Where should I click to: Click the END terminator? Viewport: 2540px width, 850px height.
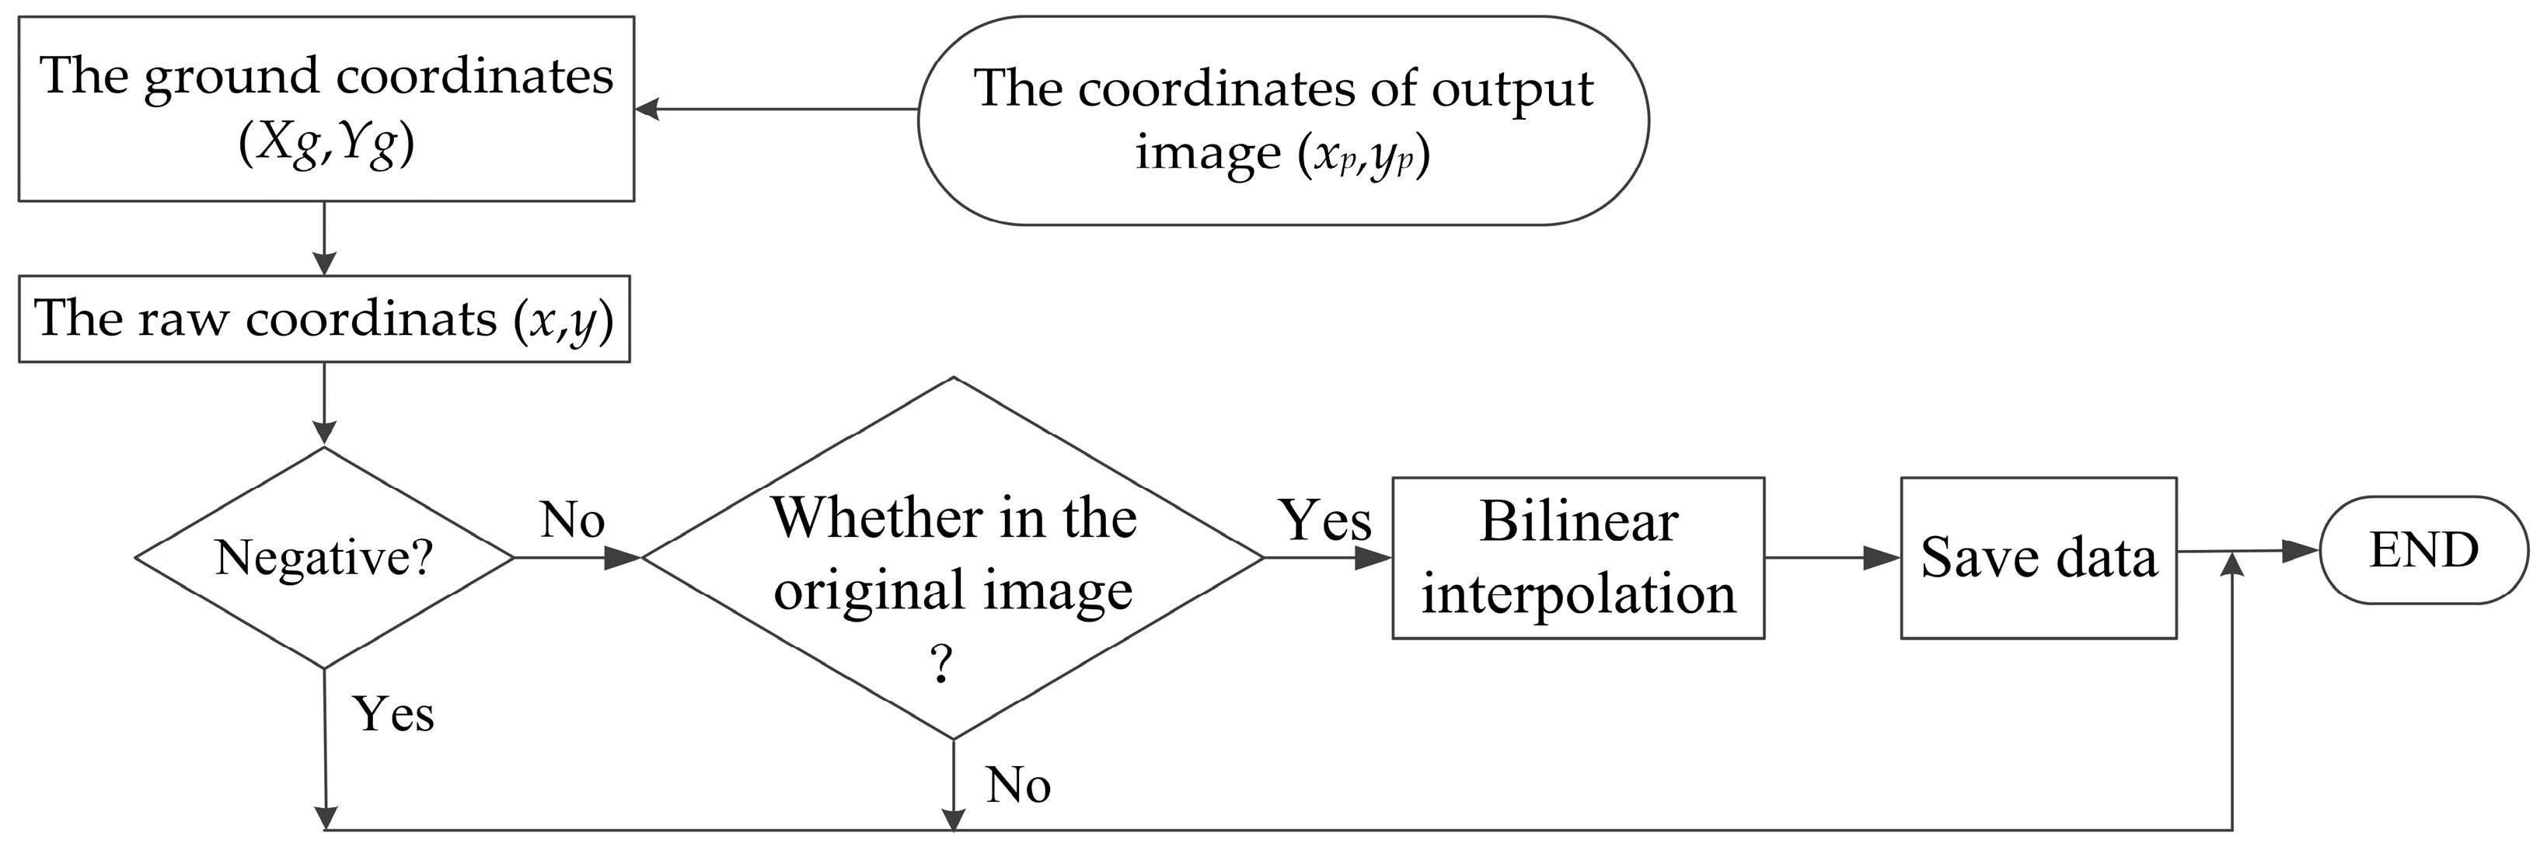pyautogui.click(x=2423, y=550)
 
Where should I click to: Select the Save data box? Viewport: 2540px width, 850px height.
pyautogui.click(x=2038, y=557)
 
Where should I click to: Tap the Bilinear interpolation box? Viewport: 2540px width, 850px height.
pyautogui.click(x=1578, y=557)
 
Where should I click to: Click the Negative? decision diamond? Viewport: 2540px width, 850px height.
pyautogui.click(x=324, y=557)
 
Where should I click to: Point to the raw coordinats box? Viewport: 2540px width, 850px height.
pyautogui.click(x=324, y=319)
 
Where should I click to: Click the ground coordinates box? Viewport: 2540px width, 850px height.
pyautogui.click(x=326, y=109)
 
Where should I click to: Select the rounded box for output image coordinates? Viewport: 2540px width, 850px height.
pyautogui.click(x=1282, y=120)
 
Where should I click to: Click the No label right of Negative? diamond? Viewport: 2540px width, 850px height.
pyautogui.click(x=572, y=520)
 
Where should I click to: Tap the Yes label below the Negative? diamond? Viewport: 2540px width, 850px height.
pyautogui.click(x=393, y=714)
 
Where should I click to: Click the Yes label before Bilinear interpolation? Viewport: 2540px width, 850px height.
pyautogui.click(x=1324, y=520)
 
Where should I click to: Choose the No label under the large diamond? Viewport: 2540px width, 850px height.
pyautogui.click(x=1018, y=785)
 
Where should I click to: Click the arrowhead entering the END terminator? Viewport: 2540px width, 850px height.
pyautogui.click(x=2301, y=551)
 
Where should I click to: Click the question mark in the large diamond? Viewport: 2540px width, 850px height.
pyautogui.click(x=942, y=666)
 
